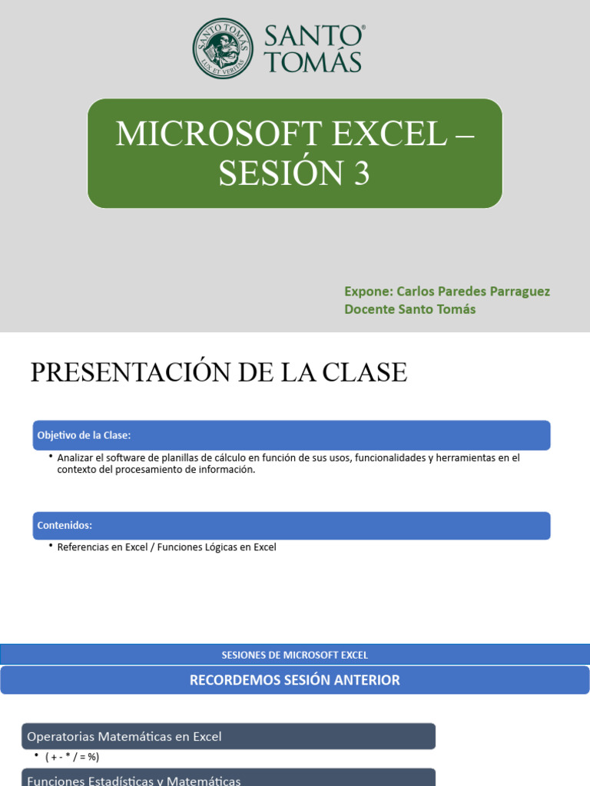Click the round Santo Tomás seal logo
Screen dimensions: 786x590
[x=223, y=48]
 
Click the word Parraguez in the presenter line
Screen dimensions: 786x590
[x=519, y=292]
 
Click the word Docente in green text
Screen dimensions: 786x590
[x=369, y=309]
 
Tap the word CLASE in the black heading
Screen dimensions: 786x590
[x=363, y=372]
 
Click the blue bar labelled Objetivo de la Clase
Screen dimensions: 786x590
[x=292, y=435]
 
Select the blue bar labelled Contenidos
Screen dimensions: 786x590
[x=292, y=526]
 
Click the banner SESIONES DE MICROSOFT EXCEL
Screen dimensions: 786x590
[x=295, y=655]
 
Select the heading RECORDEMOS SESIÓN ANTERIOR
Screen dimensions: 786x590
[x=295, y=680]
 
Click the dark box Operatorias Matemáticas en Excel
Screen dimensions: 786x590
[x=228, y=737]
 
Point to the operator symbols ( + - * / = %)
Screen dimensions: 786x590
[x=72, y=757]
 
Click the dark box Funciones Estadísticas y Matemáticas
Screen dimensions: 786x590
[x=228, y=779]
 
